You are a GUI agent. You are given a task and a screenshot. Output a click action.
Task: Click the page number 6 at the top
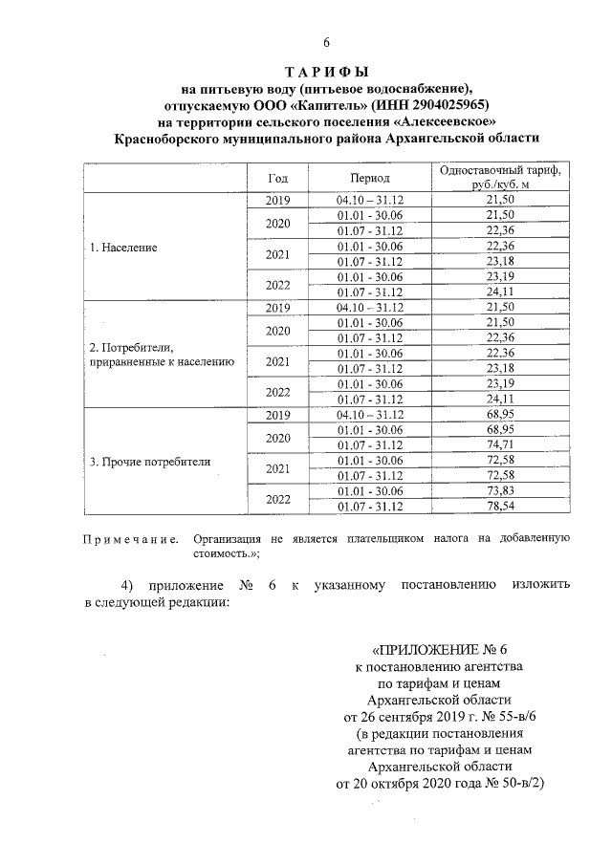pyautogui.click(x=326, y=42)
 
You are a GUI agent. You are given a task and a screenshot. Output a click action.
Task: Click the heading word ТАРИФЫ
pyautogui.click(x=326, y=73)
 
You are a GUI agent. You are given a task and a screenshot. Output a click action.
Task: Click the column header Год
pyautogui.click(x=277, y=178)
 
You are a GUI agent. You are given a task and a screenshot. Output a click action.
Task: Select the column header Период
pyautogui.click(x=369, y=178)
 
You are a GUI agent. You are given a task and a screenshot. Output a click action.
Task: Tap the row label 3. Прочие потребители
pyautogui.click(x=150, y=462)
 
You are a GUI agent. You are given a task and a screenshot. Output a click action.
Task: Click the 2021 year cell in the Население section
pyautogui.click(x=277, y=254)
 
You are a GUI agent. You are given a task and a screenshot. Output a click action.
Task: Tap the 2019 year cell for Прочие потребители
pyautogui.click(x=277, y=416)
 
